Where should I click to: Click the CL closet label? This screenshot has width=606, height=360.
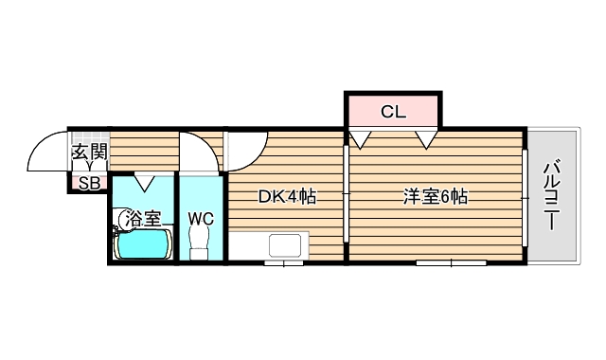(393, 112)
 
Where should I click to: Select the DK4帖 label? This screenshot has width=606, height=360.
(287, 197)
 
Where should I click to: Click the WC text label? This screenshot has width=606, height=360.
(201, 219)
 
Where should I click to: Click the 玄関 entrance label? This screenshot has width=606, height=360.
(90, 151)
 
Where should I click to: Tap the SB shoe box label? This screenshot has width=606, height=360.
(89, 183)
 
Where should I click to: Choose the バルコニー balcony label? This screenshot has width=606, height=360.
(551, 197)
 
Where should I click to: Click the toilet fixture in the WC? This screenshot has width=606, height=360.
(200, 245)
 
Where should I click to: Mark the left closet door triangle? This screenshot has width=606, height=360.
(360, 140)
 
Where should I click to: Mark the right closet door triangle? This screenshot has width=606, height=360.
(425, 140)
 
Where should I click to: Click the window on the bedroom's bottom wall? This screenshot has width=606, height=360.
(450, 262)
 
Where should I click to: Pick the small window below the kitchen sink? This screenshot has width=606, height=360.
(284, 262)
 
